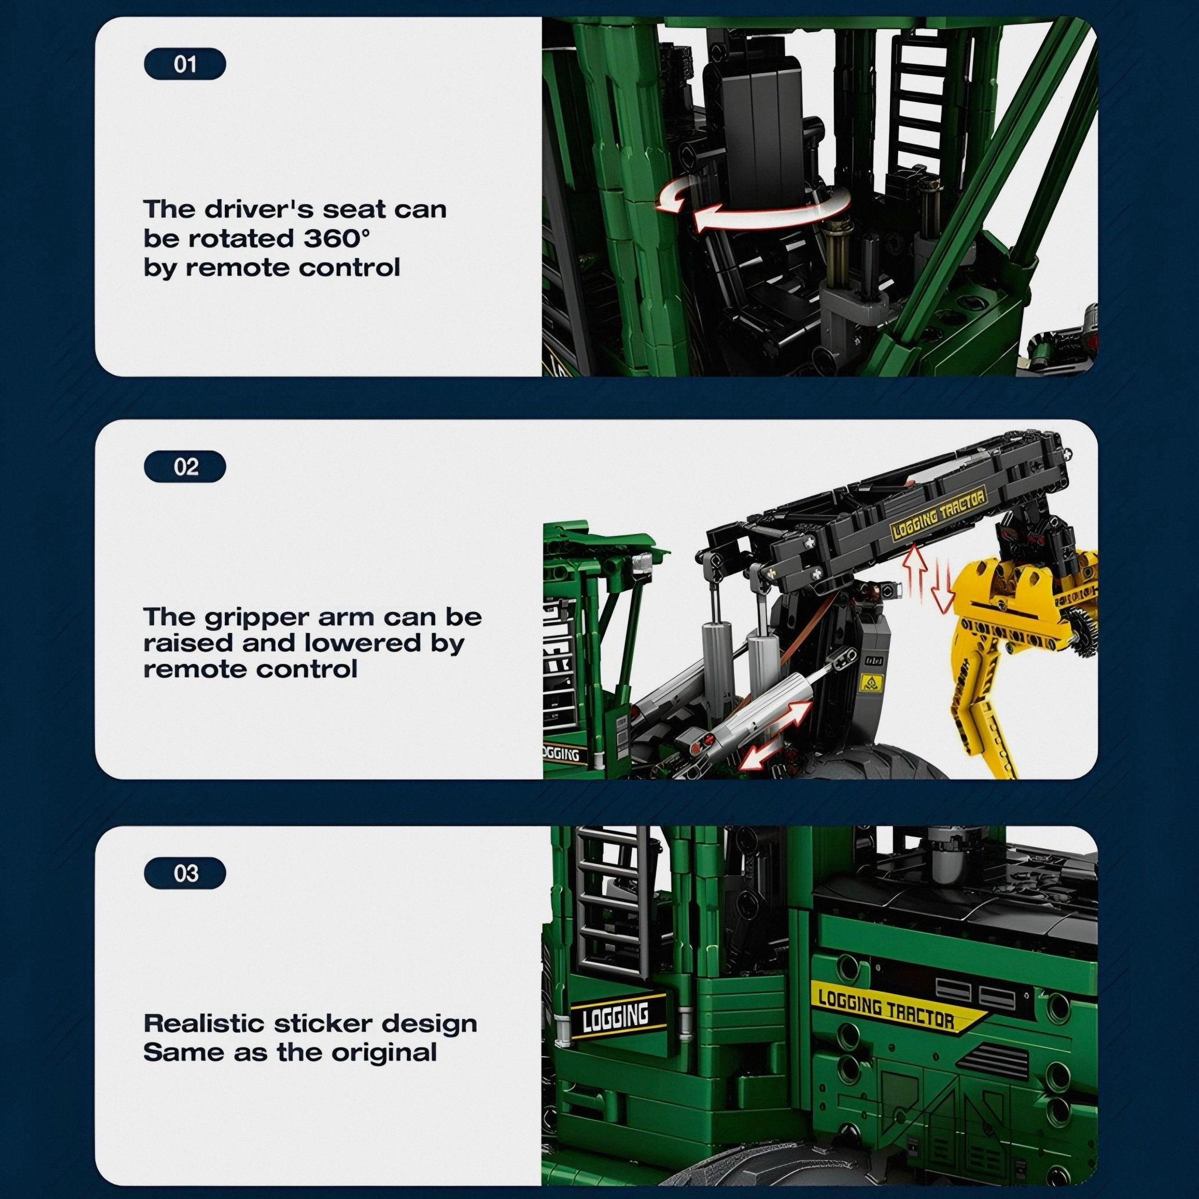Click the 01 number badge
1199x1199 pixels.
pos(185,64)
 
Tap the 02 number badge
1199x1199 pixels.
pos(185,467)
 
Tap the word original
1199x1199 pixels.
pos(386,1053)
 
